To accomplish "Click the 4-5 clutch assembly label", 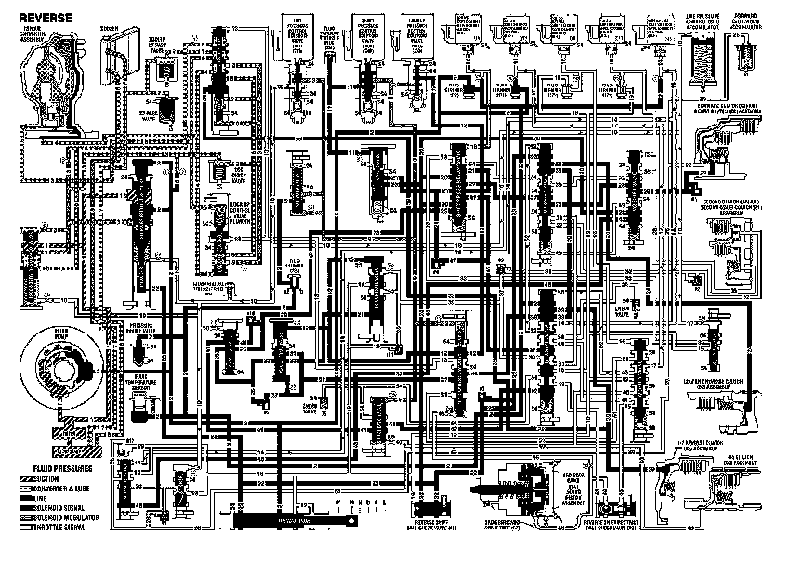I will [x=743, y=458].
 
